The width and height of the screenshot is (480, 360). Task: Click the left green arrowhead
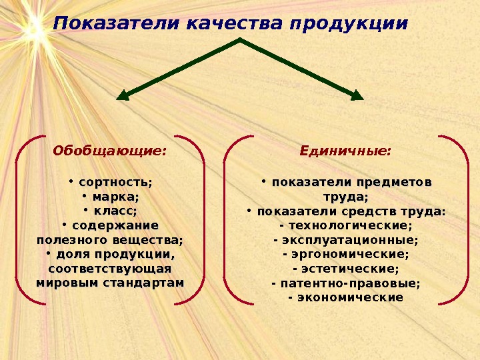pos(123,95)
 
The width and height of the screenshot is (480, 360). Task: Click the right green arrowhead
pos(357,95)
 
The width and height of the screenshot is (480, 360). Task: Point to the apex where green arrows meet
pos(239,41)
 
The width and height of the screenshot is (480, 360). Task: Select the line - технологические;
pos(346,226)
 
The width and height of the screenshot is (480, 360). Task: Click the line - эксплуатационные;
pos(346,240)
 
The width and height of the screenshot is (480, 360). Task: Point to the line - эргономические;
pos(346,255)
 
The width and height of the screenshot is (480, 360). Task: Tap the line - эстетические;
pos(346,269)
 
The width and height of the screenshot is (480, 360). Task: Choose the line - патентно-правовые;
pos(346,283)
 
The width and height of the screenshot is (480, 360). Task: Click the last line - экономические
pos(346,297)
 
